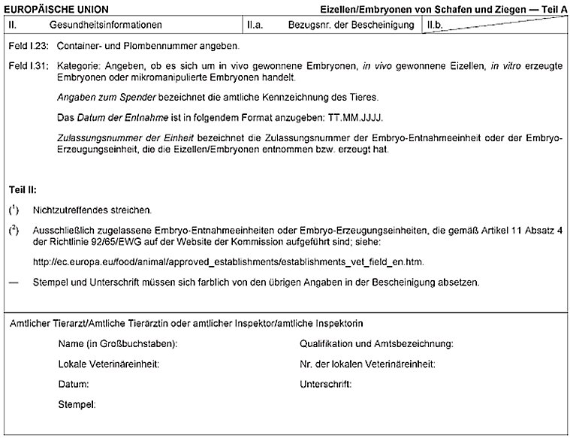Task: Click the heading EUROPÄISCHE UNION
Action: tap(57, 8)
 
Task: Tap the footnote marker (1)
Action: tap(14, 209)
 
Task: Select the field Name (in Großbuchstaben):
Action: tap(117, 344)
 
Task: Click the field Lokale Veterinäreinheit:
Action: tap(108, 364)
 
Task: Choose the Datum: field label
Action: tap(74, 385)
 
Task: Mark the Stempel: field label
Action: tap(77, 405)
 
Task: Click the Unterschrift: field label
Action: tap(325, 385)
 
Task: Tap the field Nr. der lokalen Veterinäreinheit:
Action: tap(367, 364)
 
